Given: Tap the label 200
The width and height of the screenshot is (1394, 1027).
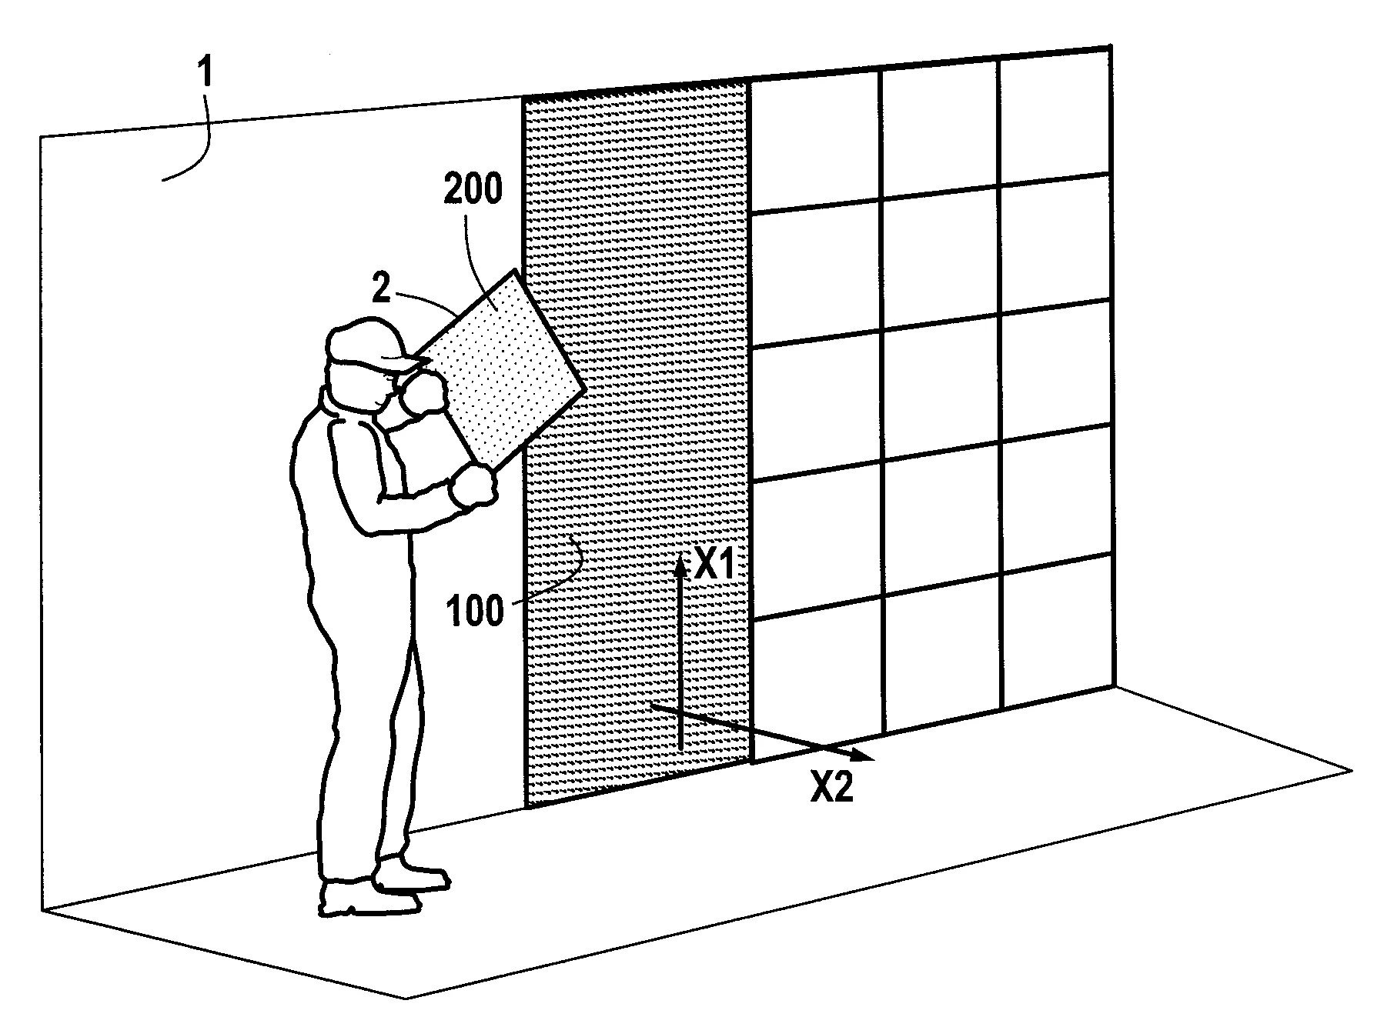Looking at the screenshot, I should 473,188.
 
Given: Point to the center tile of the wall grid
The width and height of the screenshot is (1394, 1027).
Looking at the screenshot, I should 941,385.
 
